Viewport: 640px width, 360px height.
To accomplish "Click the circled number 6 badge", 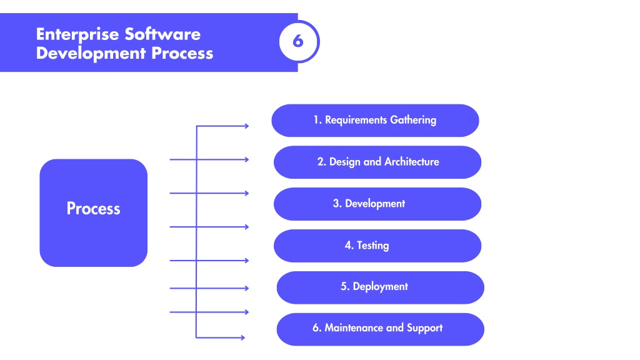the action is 298,41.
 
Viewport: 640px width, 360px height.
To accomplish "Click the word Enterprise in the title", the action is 77,35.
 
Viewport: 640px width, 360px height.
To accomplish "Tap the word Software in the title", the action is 162,34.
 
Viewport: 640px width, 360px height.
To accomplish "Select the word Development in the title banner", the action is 91,54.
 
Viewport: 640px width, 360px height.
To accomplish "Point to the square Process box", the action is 94,212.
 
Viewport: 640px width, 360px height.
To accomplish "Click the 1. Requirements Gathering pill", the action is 375,121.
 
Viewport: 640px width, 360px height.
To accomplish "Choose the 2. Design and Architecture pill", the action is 377,162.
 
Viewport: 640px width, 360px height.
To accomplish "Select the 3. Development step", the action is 377,204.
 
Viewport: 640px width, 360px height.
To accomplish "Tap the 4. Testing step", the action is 377,246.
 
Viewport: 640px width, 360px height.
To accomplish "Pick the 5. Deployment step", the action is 381,287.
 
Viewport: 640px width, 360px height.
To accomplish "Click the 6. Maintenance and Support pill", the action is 381,329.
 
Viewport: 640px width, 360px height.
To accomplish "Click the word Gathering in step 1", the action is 413,121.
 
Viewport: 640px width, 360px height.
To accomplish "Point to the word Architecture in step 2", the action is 412,162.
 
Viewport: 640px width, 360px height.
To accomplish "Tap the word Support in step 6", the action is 424,328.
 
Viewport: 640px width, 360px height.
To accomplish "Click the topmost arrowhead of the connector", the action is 246,126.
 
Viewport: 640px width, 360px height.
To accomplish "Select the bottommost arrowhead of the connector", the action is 242,337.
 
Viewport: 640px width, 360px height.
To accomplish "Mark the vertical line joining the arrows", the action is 196,232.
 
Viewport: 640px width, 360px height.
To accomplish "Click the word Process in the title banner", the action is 182,54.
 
